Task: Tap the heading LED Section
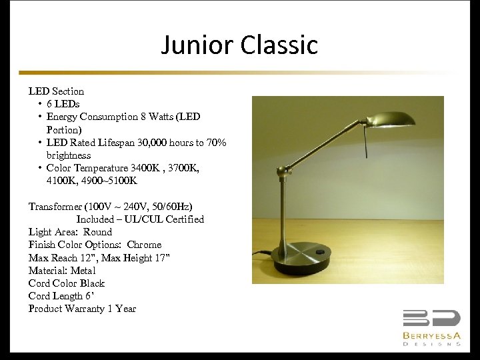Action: click(x=56, y=91)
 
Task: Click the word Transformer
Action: click(x=57, y=207)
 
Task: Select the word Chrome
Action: click(x=144, y=245)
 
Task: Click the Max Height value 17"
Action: click(x=161, y=257)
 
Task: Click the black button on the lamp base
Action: click(x=323, y=251)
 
